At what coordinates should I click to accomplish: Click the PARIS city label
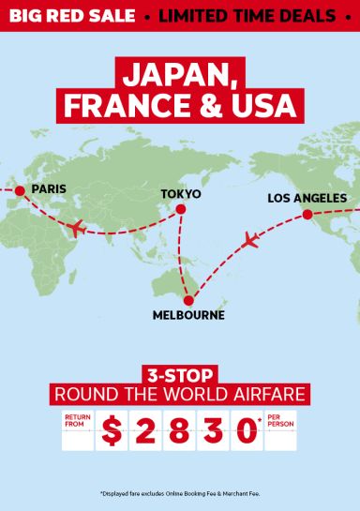49,189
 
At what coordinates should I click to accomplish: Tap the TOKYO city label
181,193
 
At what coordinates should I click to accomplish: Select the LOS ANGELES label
307,198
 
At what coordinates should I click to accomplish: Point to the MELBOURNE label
188,315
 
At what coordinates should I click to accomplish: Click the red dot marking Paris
18,190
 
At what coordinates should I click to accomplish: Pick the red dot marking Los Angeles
307,215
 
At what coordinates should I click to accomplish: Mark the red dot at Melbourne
188,300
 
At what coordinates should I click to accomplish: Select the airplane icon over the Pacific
249,242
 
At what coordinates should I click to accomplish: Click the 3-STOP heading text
180,371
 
